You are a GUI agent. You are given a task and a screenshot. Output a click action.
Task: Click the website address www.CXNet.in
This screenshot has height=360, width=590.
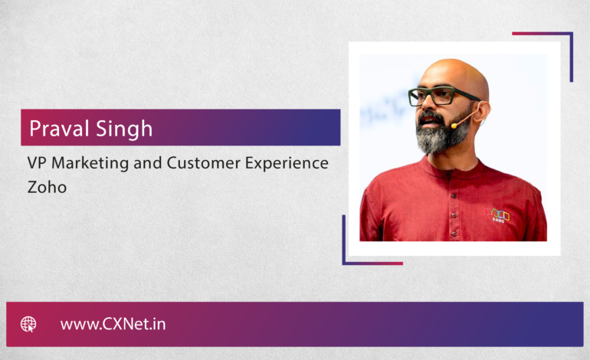[x=113, y=324]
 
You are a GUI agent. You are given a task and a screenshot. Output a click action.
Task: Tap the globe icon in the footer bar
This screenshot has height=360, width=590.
[x=28, y=324]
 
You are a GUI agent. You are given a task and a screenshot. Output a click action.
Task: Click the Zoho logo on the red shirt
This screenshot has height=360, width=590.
[x=497, y=215]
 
